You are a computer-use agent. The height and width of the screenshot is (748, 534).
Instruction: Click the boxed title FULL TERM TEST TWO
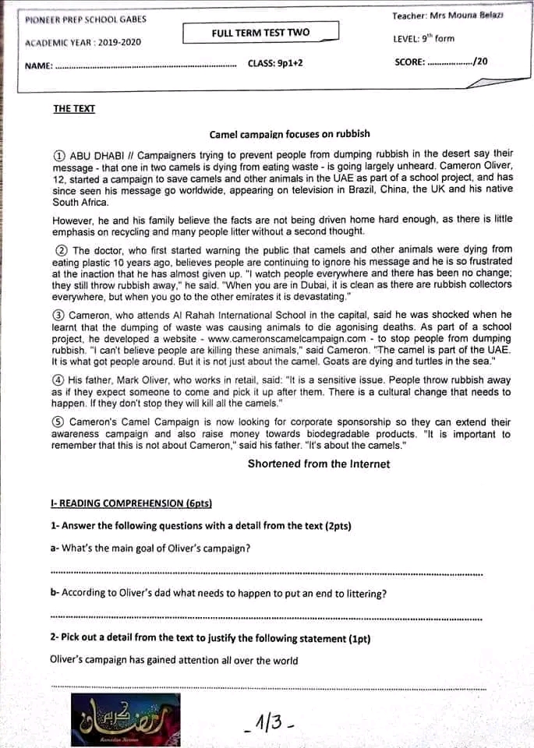tap(260, 33)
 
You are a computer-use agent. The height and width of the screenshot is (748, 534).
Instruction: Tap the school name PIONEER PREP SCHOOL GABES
tap(85, 19)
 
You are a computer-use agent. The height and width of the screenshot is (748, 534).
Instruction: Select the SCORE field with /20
tap(441, 62)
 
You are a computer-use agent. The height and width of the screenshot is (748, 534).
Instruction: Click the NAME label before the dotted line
tap(38, 66)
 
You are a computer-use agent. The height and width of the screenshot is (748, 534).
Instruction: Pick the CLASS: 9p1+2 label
tap(275, 63)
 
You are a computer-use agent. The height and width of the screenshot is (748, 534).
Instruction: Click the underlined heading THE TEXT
tap(74, 109)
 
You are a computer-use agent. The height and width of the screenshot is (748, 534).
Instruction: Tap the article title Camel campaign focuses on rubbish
tap(290, 134)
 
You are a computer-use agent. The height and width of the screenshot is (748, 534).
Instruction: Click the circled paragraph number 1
tap(59, 155)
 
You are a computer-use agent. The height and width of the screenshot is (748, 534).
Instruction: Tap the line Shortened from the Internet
tap(319, 464)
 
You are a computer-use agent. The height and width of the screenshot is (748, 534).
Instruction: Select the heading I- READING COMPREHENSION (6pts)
tap(131, 504)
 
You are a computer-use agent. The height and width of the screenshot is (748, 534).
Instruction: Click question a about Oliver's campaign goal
tap(150, 548)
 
